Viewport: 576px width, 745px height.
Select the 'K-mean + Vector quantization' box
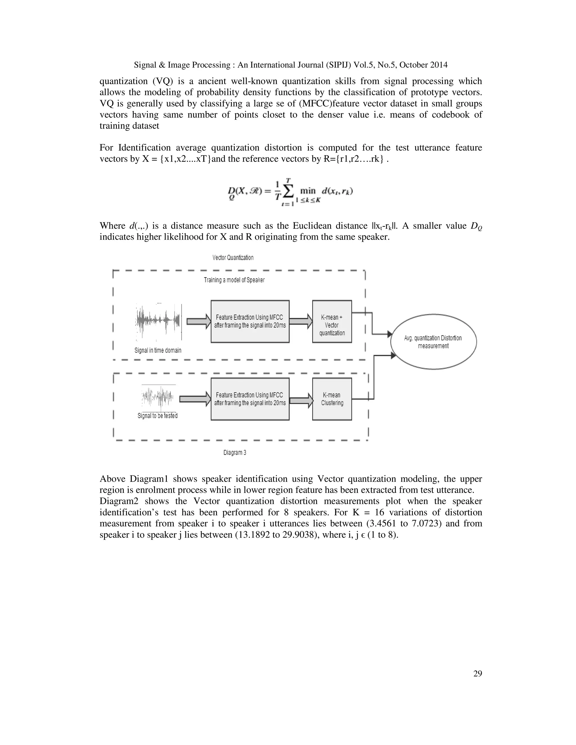(332, 321)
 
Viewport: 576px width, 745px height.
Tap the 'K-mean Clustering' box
(332, 399)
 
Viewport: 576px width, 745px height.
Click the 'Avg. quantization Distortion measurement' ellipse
(433, 342)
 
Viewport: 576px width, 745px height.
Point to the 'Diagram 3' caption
(235, 453)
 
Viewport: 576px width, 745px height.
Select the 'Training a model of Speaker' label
(234, 280)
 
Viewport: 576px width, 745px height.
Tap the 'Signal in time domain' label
(158, 350)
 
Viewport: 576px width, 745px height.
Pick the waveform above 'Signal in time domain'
(158, 321)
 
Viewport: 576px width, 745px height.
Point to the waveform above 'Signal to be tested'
(158, 397)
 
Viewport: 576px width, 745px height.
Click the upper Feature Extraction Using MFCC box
(250, 321)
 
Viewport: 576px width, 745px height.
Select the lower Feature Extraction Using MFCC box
(250, 399)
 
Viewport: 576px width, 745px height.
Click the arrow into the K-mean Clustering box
(301, 399)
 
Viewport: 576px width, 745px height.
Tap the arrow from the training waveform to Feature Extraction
(199, 321)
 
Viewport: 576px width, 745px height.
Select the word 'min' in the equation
(307, 191)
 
